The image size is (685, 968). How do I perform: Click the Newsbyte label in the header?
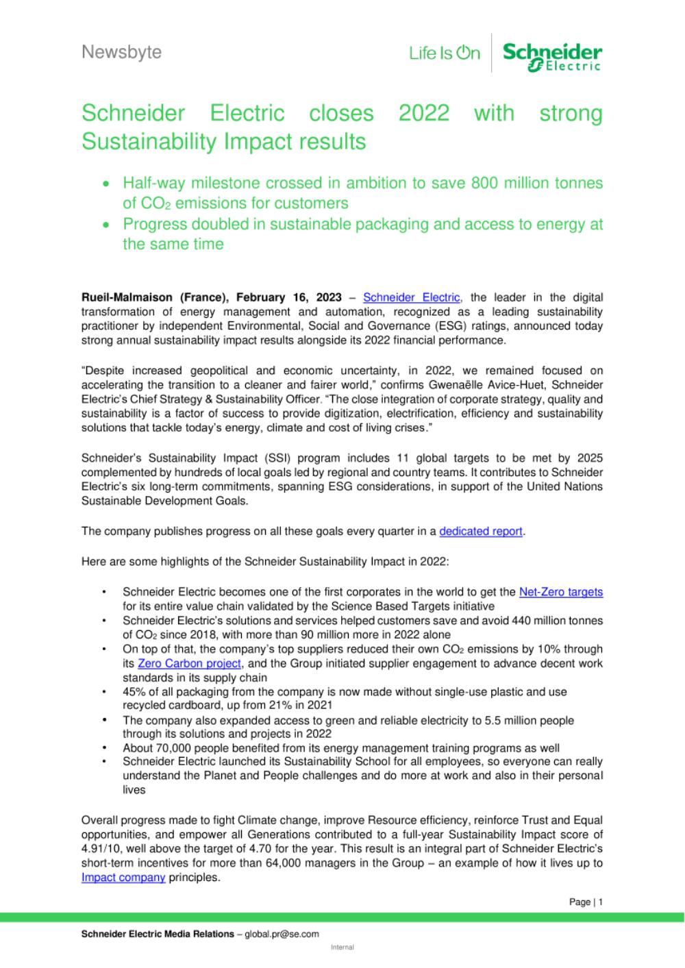121,52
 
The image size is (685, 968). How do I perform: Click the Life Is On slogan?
445,53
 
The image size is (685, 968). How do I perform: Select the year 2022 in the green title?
423,113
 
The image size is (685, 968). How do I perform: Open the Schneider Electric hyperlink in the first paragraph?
411,297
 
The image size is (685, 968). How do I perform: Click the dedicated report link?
481,531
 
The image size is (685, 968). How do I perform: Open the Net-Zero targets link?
561,592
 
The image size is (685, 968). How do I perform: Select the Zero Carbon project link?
189,663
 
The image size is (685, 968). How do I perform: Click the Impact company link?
123,877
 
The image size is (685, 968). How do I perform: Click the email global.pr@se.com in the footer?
282,934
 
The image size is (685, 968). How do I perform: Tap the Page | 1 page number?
586,902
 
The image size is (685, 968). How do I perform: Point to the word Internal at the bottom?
342,947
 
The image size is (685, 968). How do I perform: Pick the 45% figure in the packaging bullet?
134,692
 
